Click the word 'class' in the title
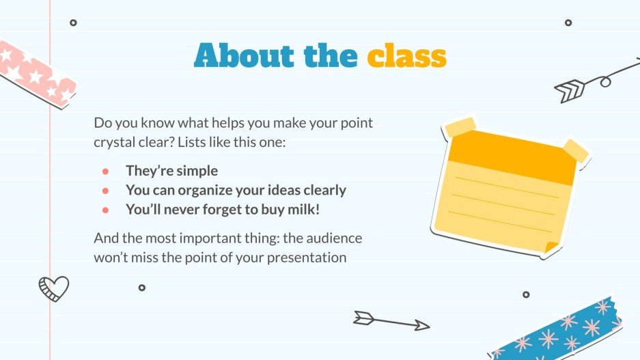tap(406, 56)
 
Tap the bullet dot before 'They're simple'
tap(105, 171)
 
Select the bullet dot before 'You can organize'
tap(105, 191)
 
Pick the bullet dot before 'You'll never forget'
tap(105, 210)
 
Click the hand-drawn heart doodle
tap(54, 288)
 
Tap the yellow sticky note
tap(505, 188)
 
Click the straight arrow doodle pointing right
tap(391, 320)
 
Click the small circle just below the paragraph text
tap(141, 288)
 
